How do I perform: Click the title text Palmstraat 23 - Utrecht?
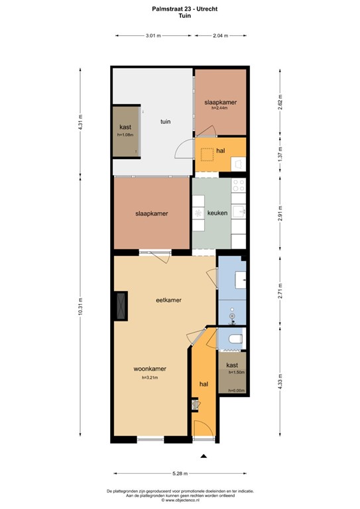coord(180,9)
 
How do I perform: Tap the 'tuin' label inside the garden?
coord(165,121)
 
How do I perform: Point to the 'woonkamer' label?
coord(149,368)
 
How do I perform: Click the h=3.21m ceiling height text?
coord(150,378)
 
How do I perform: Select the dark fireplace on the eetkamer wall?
coord(121,306)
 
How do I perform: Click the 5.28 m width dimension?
coord(180,473)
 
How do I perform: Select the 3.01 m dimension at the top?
coord(153,36)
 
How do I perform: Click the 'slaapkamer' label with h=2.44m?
coord(220,103)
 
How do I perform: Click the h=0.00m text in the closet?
coord(236,390)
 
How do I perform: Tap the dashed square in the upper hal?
coord(208,154)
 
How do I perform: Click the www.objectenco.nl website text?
coord(180,501)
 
